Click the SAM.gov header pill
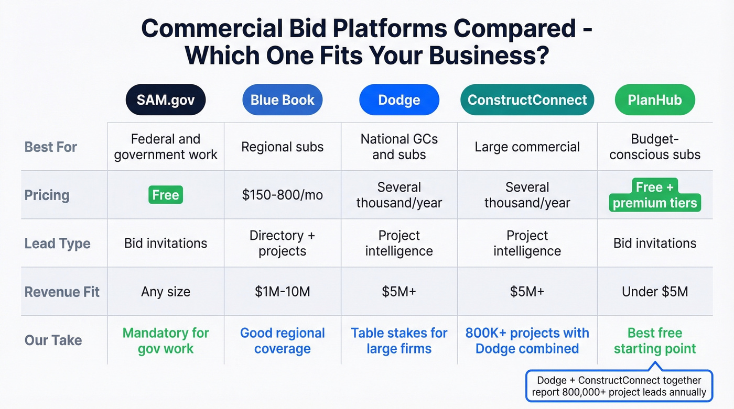[166, 100]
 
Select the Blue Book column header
[282, 100]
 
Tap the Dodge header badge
[399, 100]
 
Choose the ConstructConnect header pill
[527, 100]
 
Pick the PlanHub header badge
[654, 100]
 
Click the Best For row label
[51, 147]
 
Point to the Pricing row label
[47, 195]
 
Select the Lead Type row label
[58, 244]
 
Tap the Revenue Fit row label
[62, 292]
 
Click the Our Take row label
[53, 340]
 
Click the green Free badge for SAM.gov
[166, 195]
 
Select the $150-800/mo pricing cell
[282, 195]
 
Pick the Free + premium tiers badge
[655, 195]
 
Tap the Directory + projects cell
[282, 243]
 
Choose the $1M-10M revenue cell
[282, 292]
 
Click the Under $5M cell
[655, 292]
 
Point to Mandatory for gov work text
[166, 340]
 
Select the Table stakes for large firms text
[399, 340]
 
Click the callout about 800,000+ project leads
[619, 386]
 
